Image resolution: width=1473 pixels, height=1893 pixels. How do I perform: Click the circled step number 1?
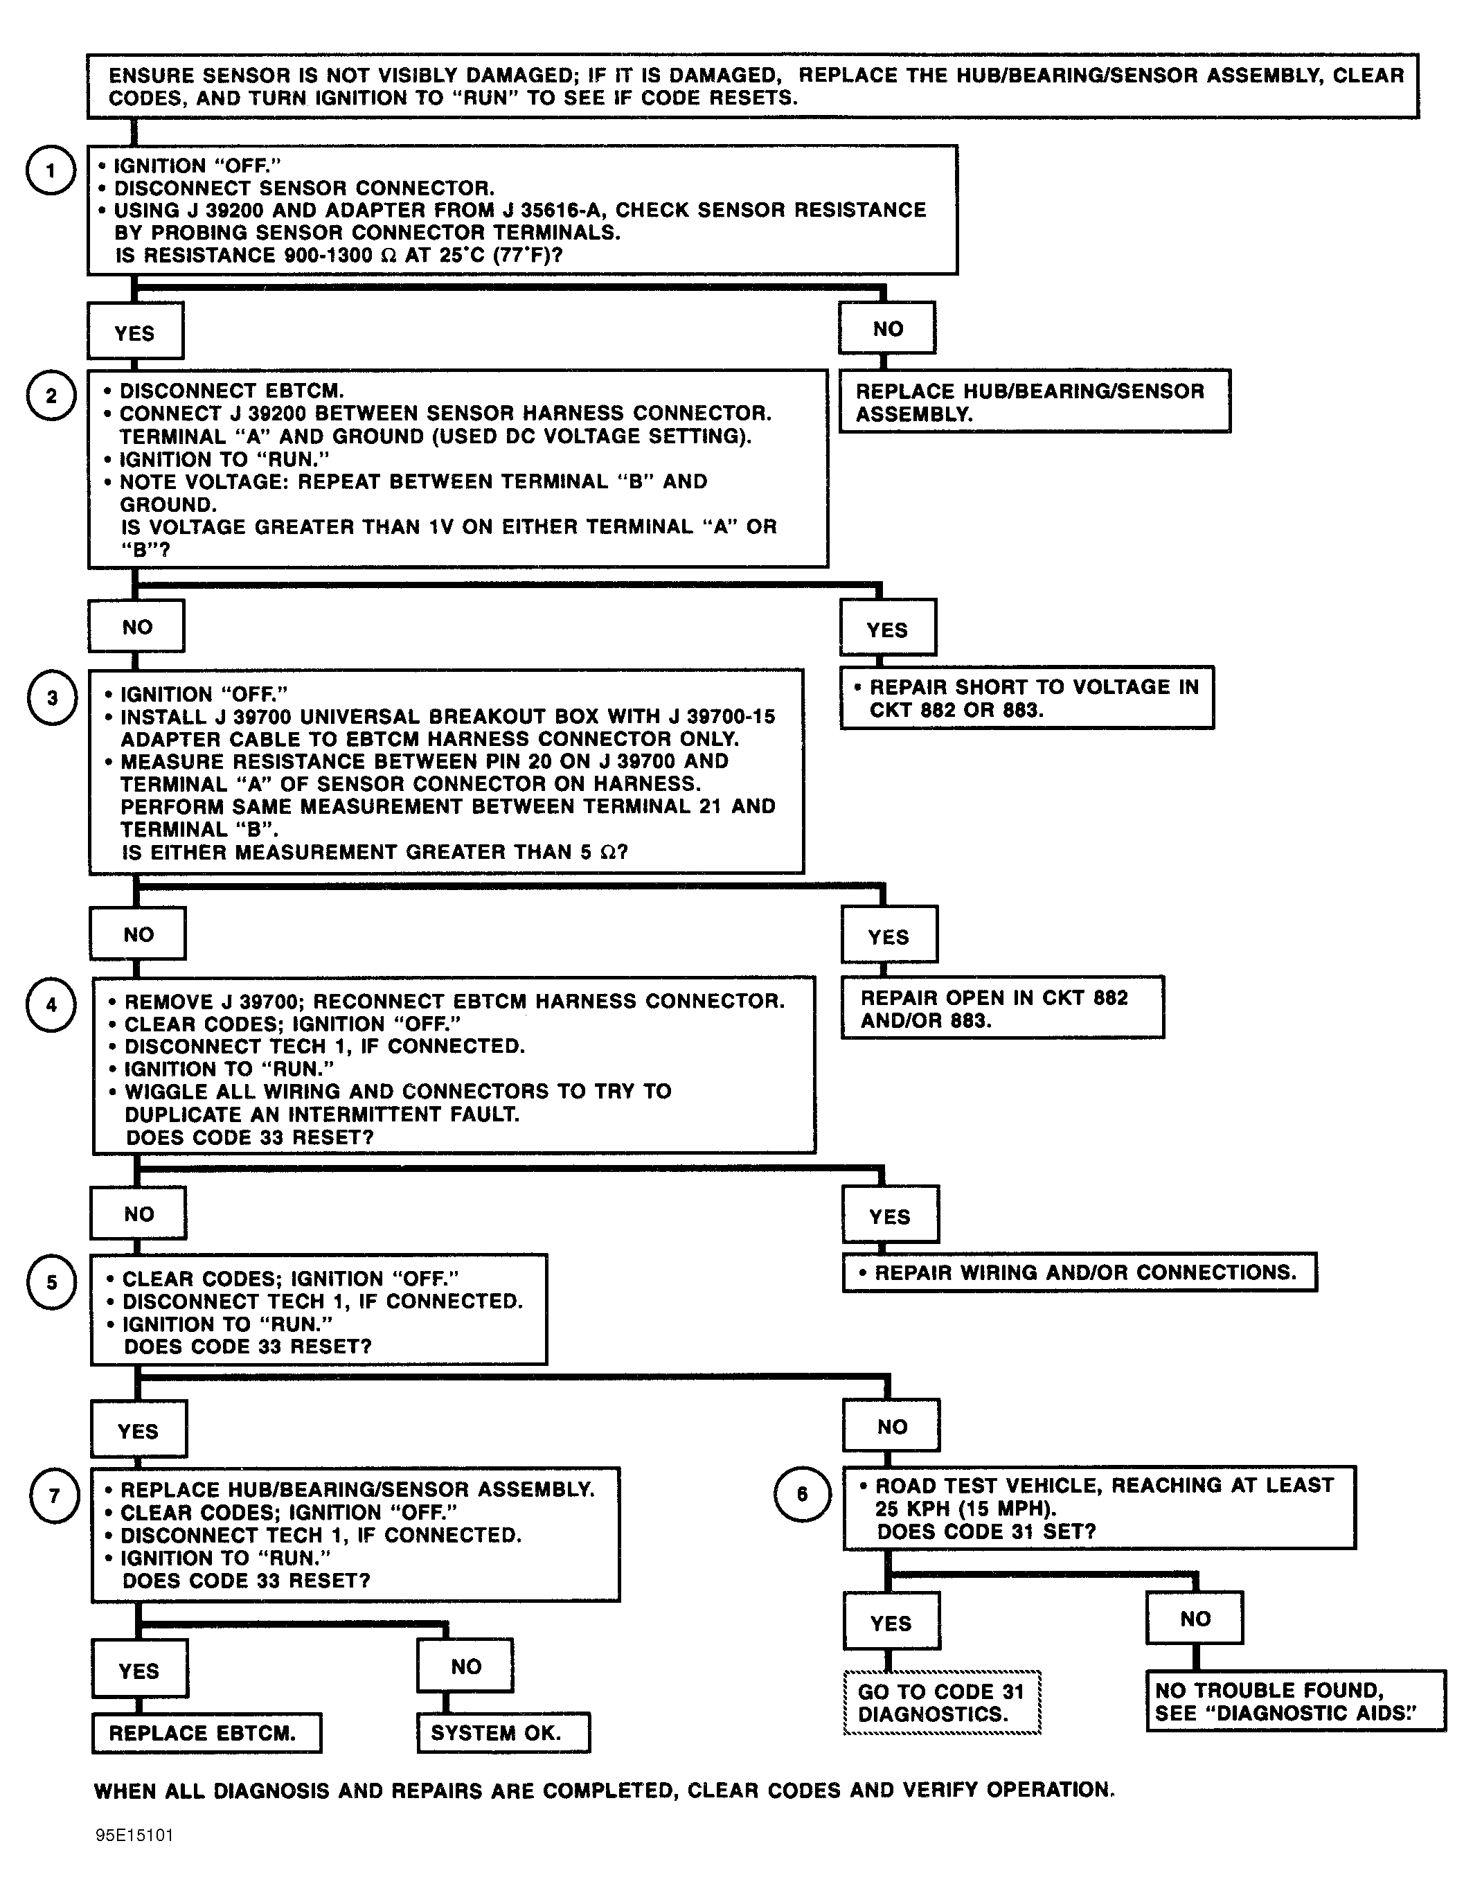(51, 170)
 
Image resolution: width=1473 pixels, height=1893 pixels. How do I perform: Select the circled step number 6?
(801, 1493)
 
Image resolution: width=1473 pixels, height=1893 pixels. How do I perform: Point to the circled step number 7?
(55, 1495)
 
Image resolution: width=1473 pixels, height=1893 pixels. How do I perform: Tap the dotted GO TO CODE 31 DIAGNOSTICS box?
(942, 1703)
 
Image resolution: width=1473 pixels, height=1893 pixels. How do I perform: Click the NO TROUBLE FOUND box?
(1296, 1700)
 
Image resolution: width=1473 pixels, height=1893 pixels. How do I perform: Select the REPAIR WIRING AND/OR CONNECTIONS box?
(1080, 1272)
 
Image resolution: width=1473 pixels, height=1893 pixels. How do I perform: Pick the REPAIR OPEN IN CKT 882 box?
(1003, 1008)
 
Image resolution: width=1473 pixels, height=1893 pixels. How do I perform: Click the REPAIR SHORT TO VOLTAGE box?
(1027, 697)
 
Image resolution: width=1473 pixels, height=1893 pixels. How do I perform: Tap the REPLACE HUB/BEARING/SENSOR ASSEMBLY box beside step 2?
(1035, 401)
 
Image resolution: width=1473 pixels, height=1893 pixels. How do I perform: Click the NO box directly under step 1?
(887, 328)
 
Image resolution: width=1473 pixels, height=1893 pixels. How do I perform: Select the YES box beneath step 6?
(891, 1620)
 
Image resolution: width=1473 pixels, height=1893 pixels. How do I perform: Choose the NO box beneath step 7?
(465, 1665)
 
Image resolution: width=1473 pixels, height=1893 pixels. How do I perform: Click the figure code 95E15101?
(134, 1835)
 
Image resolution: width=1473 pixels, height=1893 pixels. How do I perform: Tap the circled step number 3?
(52, 697)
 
